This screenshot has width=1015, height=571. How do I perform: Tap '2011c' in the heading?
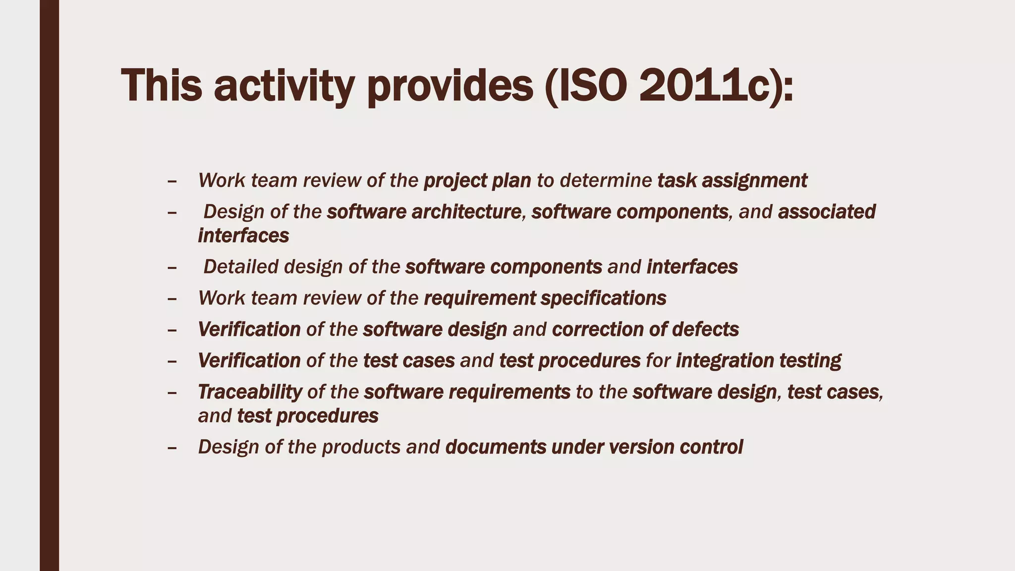coord(704,85)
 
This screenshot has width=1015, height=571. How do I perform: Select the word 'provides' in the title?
coord(450,85)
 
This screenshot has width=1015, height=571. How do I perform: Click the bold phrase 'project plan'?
coord(477,180)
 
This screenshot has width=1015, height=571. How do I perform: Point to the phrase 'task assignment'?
coord(732,180)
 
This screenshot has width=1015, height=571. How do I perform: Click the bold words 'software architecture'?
coord(424,212)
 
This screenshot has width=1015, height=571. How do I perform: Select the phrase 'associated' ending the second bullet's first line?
coord(827,212)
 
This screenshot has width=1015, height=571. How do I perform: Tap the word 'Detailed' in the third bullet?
coord(241,267)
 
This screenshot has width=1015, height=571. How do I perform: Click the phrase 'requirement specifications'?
coord(545,298)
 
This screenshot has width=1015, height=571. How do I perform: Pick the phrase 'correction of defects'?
coord(645,329)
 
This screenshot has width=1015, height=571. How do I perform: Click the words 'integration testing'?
coord(758,360)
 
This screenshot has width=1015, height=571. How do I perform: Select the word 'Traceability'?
coord(250,392)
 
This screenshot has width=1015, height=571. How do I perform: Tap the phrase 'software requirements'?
coord(467,392)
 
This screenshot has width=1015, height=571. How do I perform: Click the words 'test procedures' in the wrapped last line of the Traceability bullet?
coord(308,415)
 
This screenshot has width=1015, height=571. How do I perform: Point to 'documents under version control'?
coord(594,447)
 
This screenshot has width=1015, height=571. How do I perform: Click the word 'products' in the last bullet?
coord(361,447)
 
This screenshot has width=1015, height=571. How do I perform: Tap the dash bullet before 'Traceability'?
coord(172,392)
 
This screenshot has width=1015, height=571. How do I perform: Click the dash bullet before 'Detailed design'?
coord(172,267)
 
